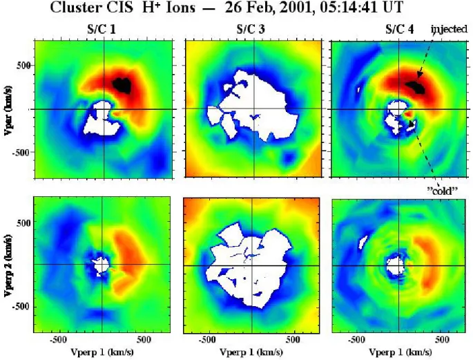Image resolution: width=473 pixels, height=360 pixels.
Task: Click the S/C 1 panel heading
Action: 100,30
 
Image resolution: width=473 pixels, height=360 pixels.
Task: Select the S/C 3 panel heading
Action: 251,30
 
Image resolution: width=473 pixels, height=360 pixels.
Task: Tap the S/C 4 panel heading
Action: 400,30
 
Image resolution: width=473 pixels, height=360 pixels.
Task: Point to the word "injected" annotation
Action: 449,29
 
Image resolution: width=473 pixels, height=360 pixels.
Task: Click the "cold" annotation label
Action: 443,190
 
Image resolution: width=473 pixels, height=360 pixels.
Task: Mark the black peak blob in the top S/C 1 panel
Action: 122,86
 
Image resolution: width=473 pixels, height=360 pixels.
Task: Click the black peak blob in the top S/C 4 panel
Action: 416,87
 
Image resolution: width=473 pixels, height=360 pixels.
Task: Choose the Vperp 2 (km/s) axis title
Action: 8,265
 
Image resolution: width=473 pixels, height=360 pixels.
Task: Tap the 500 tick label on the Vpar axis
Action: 23,65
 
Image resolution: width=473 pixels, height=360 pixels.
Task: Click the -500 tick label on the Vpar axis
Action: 21,152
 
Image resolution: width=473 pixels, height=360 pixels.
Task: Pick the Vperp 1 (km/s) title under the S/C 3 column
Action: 251,352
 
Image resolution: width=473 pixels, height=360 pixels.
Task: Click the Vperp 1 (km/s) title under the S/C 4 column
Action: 400,352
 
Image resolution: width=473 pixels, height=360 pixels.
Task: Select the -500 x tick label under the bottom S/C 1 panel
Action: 58,339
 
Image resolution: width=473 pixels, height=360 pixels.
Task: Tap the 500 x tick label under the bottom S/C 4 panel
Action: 442,339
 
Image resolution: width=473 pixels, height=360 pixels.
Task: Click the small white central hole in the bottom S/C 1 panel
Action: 100,266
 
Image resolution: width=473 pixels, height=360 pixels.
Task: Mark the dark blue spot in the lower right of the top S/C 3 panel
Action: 289,158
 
